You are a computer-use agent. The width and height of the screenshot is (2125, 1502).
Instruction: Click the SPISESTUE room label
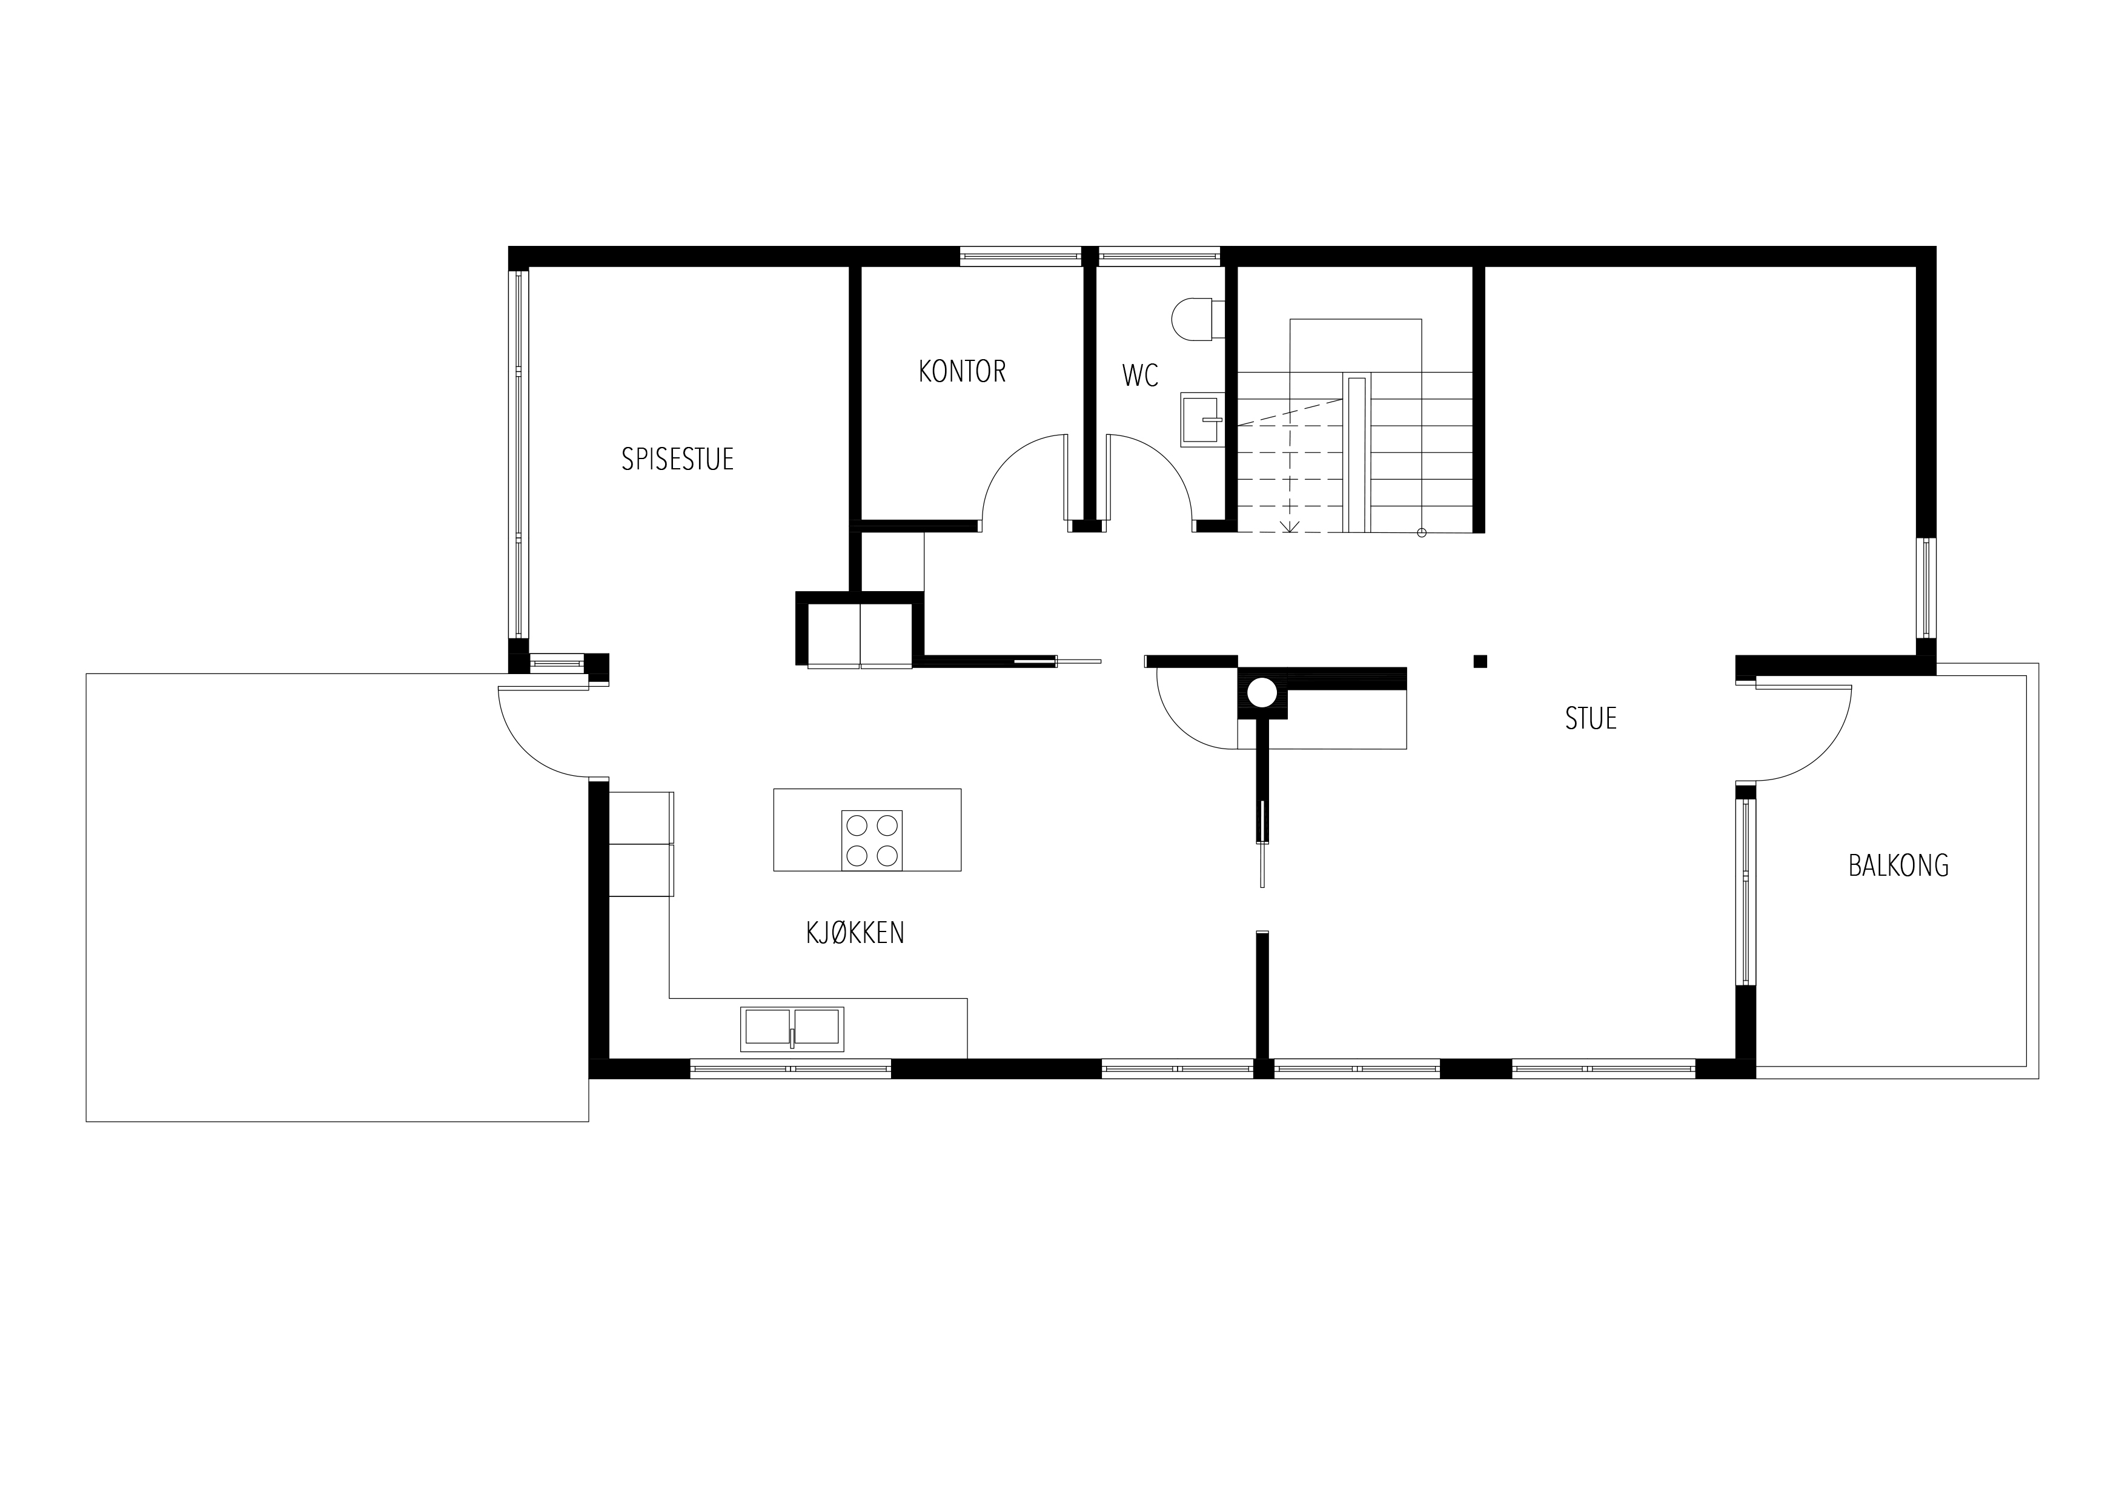(677, 459)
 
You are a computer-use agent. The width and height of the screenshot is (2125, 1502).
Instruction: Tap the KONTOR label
(961, 371)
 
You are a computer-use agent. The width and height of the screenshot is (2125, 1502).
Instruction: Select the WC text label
(1140, 375)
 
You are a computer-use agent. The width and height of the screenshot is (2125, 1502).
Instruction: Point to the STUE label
(1591, 718)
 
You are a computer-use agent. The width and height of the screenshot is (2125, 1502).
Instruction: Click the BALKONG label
(1898, 865)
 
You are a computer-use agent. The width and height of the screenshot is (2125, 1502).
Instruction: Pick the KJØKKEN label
(855, 933)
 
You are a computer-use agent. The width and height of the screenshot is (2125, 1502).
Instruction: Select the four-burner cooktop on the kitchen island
(872, 839)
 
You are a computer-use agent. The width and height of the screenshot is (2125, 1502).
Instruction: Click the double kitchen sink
(792, 1029)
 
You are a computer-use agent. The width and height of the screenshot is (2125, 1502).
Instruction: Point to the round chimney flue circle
(1261, 692)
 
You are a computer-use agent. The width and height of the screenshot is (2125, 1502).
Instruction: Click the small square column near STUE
(1480, 661)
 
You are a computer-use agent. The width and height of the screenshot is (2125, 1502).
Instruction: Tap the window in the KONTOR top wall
(1020, 256)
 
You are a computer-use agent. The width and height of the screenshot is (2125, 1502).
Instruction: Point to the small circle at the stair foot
(1422, 532)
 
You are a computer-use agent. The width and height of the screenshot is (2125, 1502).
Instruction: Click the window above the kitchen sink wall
(791, 1069)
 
